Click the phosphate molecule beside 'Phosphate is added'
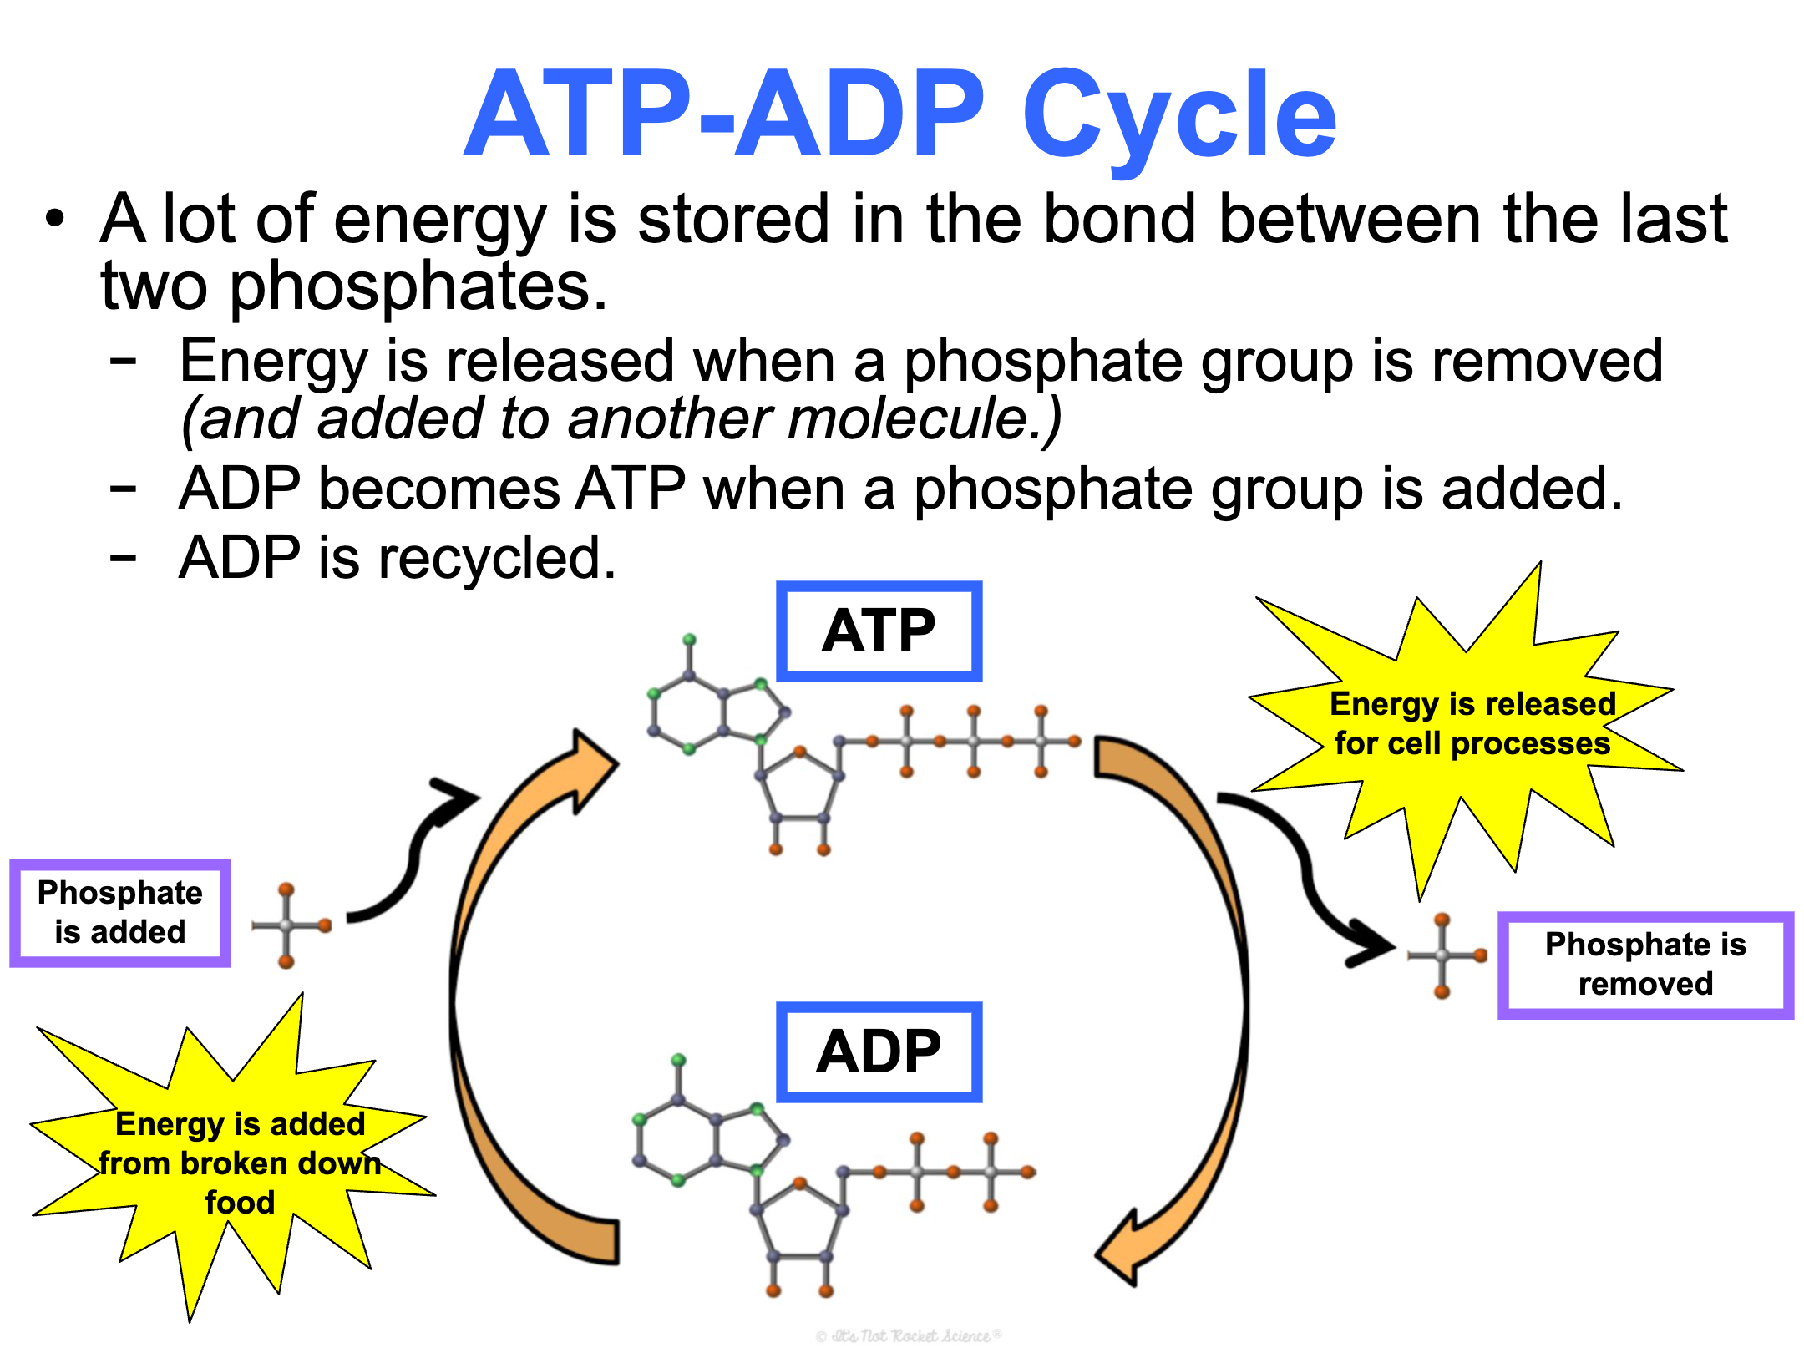coord(289,925)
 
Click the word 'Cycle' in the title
coord(1179,117)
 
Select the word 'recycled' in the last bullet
coord(497,558)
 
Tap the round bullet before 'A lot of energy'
coord(55,220)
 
